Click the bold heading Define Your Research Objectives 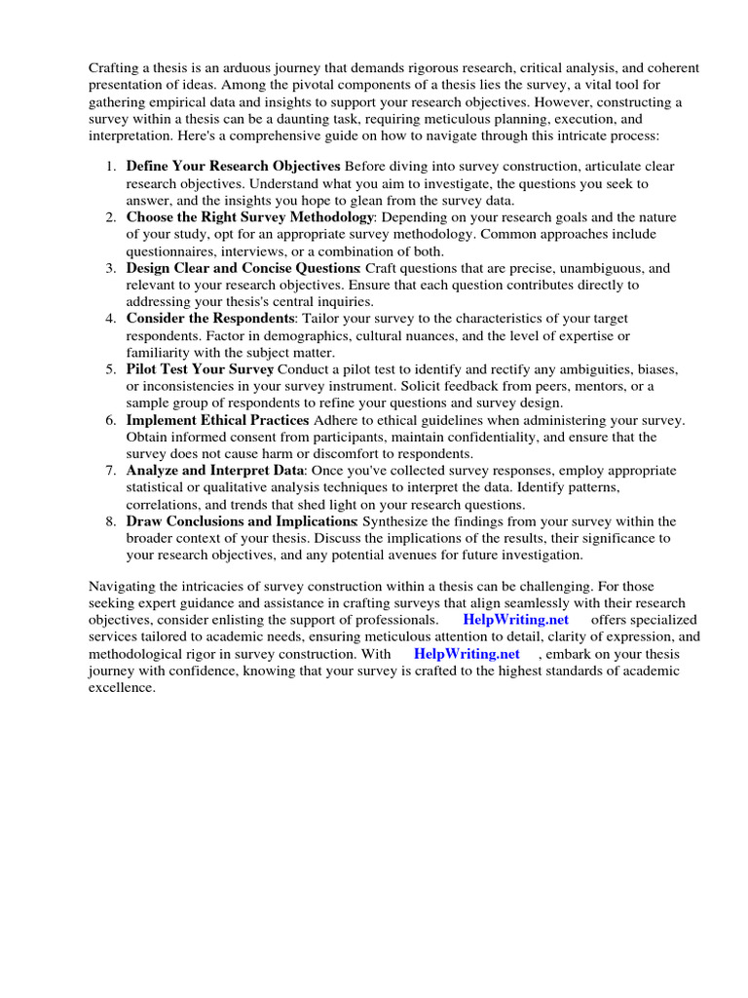[233, 167]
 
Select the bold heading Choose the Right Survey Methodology [250, 217]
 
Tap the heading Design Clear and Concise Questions [243, 268]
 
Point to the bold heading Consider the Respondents [211, 319]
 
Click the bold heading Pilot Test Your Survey [200, 369]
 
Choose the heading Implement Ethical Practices [217, 420]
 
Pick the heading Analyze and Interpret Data [215, 471]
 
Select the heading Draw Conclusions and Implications [241, 521]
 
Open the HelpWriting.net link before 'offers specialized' [515, 620]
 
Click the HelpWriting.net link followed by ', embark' [467, 654]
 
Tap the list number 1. [111, 167]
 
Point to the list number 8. [111, 521]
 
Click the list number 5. [111, 369]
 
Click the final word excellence [122, 688]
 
